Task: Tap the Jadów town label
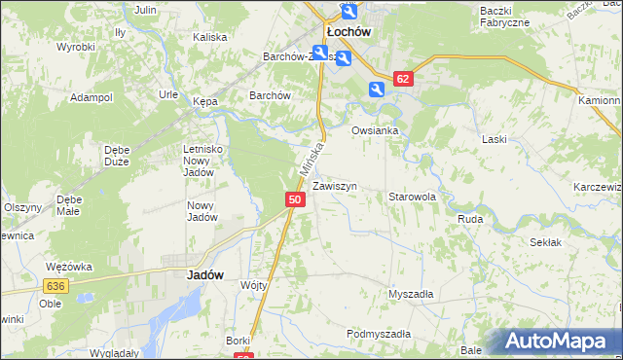[204, 274]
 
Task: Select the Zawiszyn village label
[335, 185]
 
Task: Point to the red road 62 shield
[404, 78]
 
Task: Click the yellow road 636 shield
[54, 285]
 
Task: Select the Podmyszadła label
[379, 334]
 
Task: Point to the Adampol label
[92, 98]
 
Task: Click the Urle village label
[168, 94]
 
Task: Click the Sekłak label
[546, 241]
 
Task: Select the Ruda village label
[470, 219]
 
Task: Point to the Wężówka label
[68, 266]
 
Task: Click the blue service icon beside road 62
[377, 90]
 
